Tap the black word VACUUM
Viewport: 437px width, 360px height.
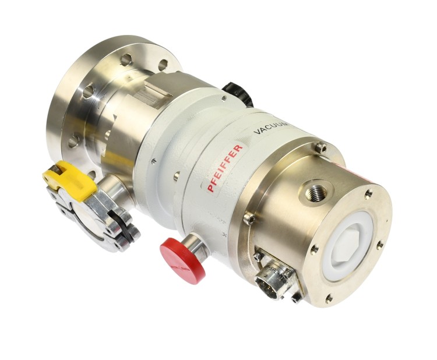pos(272,128)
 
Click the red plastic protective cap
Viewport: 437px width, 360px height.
pos(182,260)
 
